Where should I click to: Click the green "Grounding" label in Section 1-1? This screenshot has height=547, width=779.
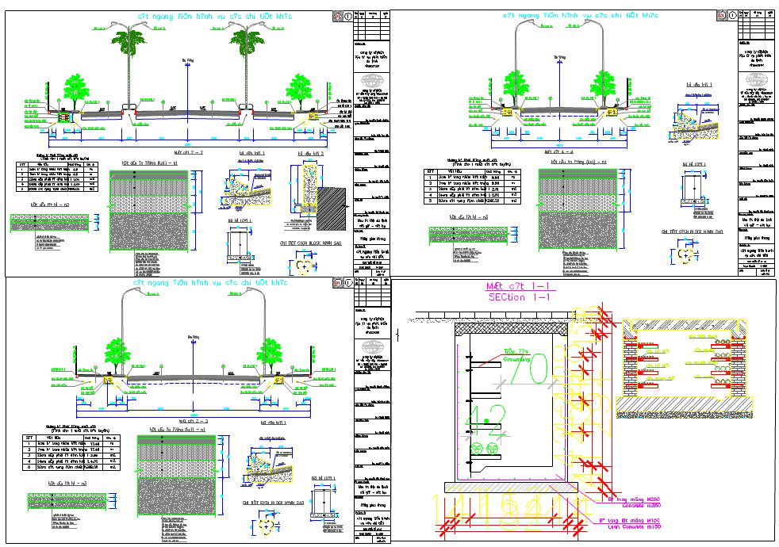[517, 358]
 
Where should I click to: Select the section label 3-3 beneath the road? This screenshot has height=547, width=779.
[187, 421]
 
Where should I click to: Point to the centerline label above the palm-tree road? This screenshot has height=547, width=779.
[187, 59]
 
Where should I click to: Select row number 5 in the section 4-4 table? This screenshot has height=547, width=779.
[430, 201]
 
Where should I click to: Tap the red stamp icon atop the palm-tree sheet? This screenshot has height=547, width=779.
[336, 15]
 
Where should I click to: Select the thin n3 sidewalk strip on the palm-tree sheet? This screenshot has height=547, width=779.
[51, 224]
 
